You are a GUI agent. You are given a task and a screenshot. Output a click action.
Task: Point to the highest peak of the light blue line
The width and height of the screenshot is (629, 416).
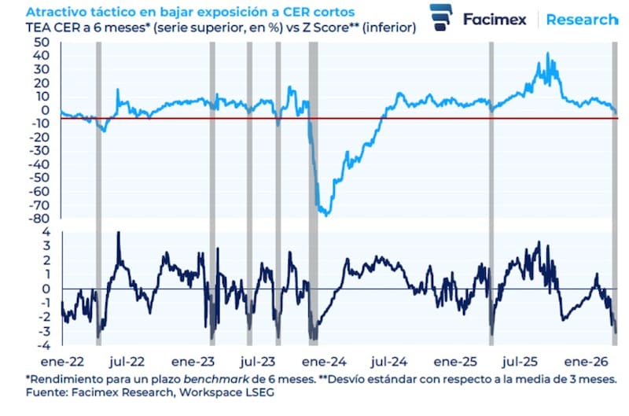pos(547,53)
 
